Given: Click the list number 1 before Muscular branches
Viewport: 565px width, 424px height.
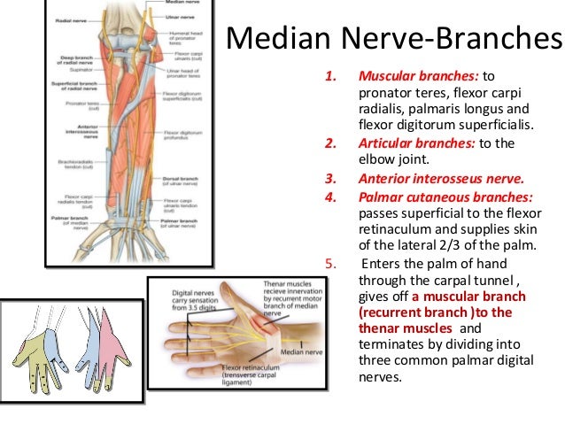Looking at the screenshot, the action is coord(332,77).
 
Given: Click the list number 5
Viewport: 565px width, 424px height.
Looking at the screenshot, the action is coord(331,262).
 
